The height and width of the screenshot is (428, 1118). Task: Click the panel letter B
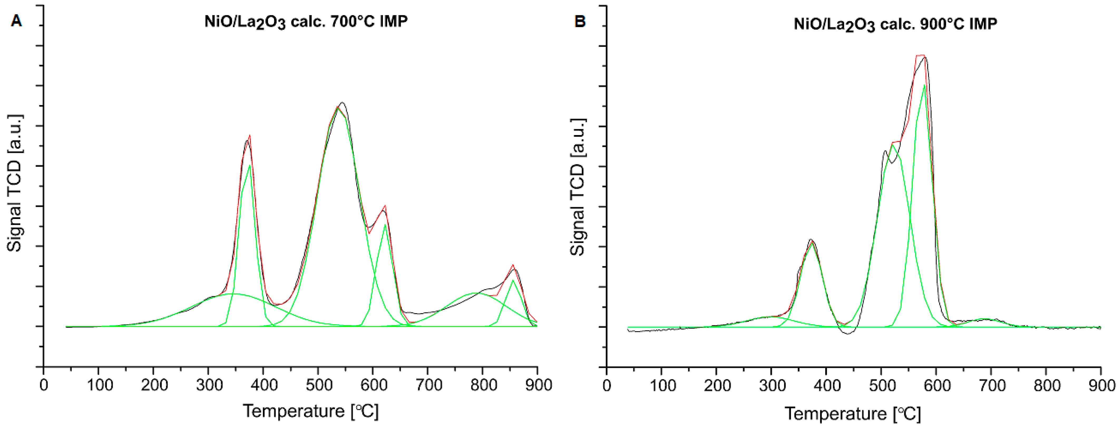coord(580,22)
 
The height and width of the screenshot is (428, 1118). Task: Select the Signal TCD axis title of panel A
coord(14,183)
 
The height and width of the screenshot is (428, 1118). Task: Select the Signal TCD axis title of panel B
coord(578,186)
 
